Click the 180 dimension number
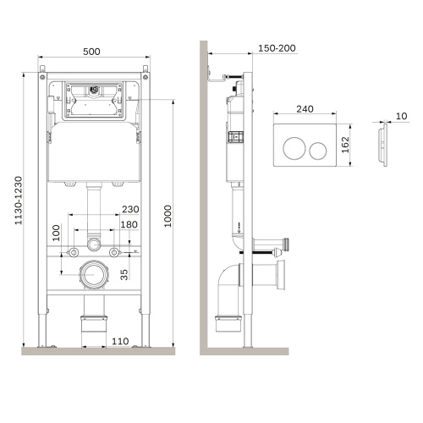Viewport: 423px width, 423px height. [129, 224]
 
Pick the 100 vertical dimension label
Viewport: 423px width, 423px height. [57, 233]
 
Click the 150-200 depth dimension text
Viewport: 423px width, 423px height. [277, 48]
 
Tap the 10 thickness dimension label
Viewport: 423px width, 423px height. [400, 115]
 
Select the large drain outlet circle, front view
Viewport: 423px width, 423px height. [93, 274]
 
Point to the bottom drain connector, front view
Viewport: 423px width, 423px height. [93, 323]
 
